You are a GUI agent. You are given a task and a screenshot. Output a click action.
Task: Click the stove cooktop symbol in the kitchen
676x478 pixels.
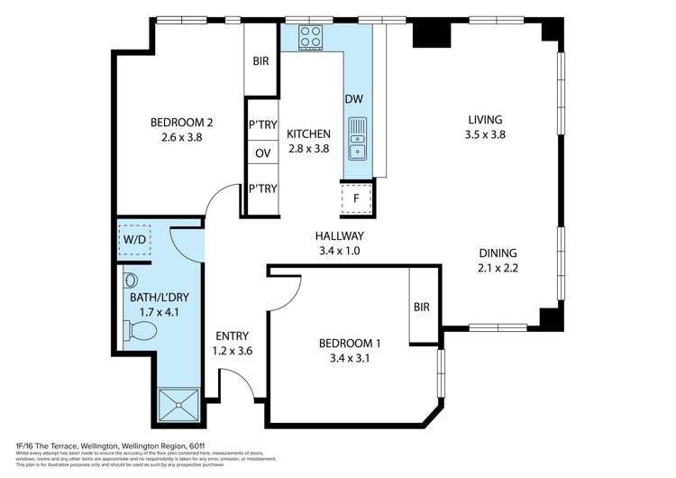click(x=311, y=38)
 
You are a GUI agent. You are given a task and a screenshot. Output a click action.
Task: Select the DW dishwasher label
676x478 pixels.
click(x=354, y=99)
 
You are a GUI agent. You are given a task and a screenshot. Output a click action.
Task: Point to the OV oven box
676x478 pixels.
click(x=262, y=153)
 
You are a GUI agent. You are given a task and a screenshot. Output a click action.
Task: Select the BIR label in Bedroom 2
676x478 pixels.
click(x=261, y=61)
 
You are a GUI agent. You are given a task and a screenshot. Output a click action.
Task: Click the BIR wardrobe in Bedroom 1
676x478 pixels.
click(x=422, y=308)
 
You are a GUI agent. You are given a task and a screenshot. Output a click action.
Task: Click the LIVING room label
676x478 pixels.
click(x=484, y=119)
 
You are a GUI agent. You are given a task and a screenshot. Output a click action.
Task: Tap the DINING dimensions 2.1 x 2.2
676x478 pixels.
click(x=498, y=268)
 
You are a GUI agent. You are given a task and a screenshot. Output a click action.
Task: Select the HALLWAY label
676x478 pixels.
click(x=339, y=236)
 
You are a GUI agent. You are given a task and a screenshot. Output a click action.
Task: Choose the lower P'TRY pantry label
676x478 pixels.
click(x=262, y=188)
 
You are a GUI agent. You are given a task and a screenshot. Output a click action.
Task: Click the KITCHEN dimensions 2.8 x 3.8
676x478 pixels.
click(x=308, y=150)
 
